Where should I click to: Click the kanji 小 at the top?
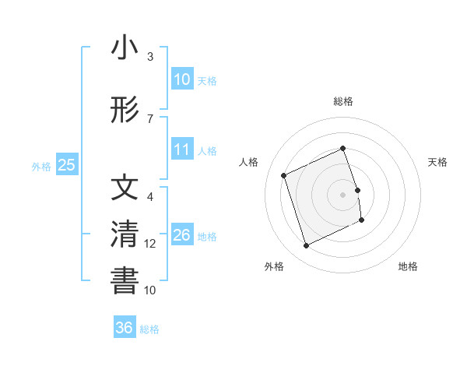[x=125, y=48]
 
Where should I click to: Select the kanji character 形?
[x=125, y=111]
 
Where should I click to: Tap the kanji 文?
[x=125, y=189]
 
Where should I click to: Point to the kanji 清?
[x=125, y=234]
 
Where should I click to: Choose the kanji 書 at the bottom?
[x=125, y=280]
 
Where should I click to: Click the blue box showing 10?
[x=182, y=79]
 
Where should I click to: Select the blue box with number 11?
[x=182, y=150]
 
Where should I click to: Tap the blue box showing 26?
[x=182, y=235]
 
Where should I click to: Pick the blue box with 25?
[x=66, y=165]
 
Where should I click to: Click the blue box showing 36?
[x=125, y=328]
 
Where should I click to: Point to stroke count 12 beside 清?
[x=150, y=244]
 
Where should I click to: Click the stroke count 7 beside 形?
[x=150, y=118]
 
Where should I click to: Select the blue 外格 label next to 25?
[x=41, y=166]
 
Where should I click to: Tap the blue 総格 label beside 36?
[x=149, y=329]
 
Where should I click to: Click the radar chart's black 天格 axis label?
[x=437, y=162]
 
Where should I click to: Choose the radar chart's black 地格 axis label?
[x=408, y=266]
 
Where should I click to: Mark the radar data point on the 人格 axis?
[x=284, y=175]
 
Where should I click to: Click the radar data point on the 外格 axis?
[x=306, y=246]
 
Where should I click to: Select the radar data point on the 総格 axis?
[x=343, y=149]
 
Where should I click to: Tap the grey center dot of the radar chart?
[x=343, y=195]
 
